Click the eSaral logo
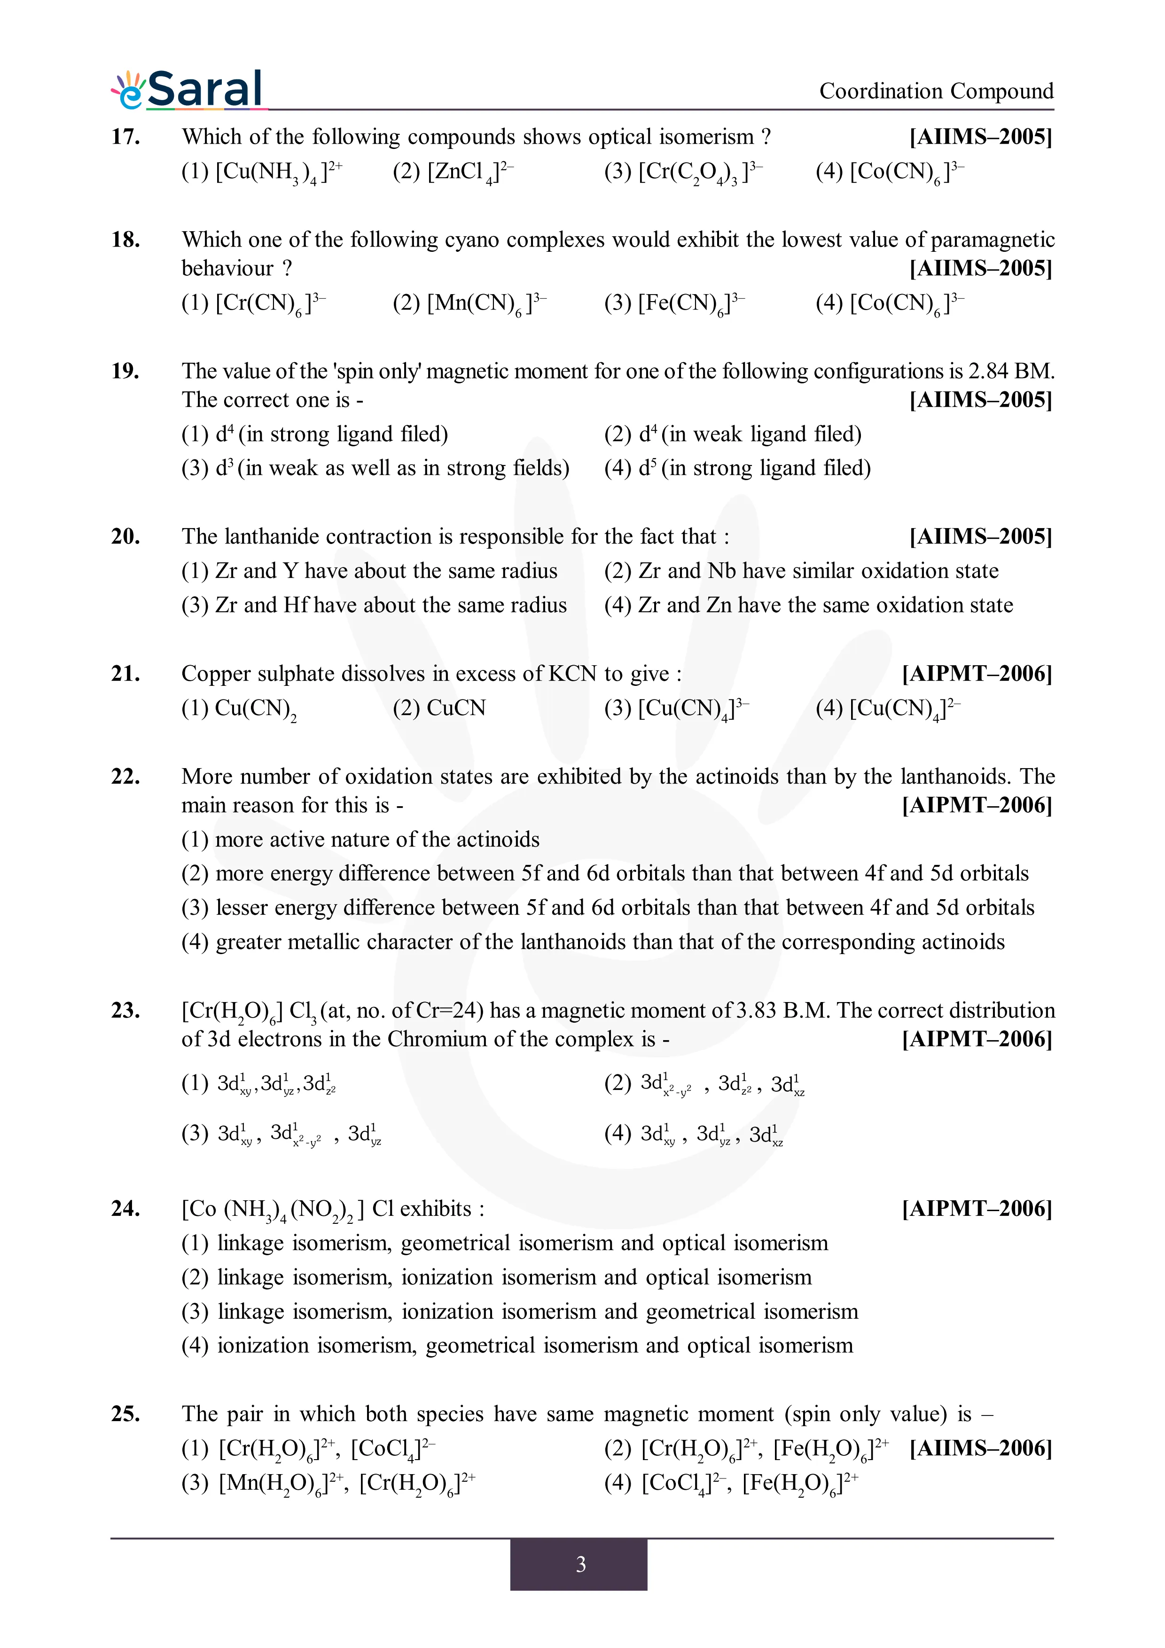click(188, 91)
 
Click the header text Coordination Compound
click(936, 91)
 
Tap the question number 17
click(125, 136)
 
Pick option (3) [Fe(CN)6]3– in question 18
click(673, 303)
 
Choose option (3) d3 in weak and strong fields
click(375, 468)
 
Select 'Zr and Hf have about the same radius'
click(374, 605)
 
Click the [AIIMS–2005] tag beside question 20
click(980, 537)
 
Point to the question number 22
click(125, 777)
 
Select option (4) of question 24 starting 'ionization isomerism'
click(517, 1346)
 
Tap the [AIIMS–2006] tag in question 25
click(980, 1448)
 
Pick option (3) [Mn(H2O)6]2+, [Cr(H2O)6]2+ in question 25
click(328, 1483)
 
